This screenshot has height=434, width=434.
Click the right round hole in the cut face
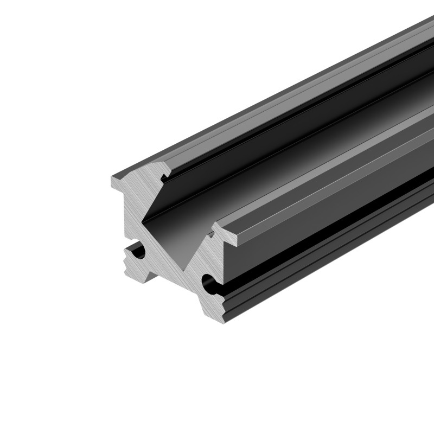(x=208, y=281)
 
